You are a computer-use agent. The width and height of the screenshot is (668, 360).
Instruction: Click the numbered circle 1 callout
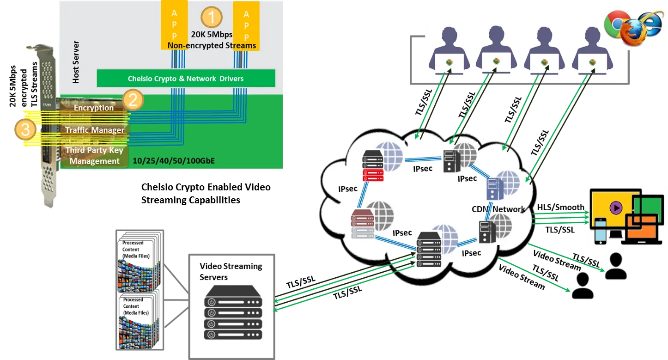[212, 18]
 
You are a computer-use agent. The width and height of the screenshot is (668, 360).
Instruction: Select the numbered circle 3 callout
[25, 130]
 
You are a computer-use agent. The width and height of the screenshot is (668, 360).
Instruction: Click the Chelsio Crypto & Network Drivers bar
[186, 79]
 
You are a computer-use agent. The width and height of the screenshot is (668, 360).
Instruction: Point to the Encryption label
[94, 108]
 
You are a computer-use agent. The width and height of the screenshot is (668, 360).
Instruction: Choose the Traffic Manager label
[95, 130]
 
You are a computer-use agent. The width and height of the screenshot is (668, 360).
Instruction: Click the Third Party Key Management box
[95, 156]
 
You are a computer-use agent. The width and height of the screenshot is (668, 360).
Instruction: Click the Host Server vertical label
[76, 62]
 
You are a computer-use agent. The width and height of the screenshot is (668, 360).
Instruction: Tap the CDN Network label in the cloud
[498, 209]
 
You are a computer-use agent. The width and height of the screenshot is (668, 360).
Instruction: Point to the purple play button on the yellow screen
[615, 208]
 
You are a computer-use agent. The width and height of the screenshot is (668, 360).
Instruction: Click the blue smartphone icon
[600, 230]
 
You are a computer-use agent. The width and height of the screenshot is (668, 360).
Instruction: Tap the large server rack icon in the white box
[232, 312]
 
